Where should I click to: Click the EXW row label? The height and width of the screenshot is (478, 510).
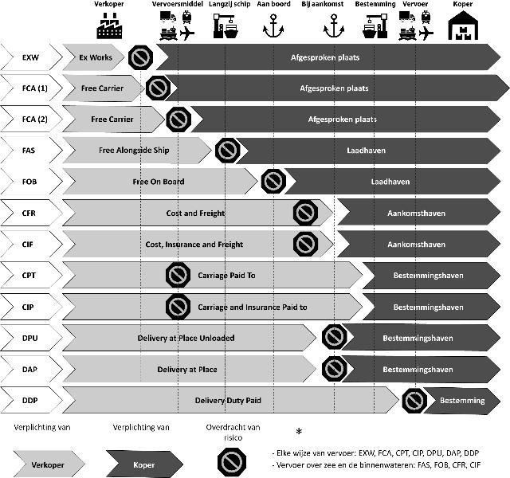point(30,57)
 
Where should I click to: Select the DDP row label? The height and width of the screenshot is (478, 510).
point(30,400)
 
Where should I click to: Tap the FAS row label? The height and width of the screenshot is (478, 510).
point(30,150)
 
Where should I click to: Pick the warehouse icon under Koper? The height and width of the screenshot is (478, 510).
point(461,29)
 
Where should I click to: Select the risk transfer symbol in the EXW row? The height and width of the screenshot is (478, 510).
point(141,57)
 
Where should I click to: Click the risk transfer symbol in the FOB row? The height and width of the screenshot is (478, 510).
point(273,182)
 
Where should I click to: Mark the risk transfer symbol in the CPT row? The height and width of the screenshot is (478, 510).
point(177,276)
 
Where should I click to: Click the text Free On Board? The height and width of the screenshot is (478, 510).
point(158,182)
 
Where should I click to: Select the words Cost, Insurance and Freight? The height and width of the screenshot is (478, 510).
point(194,245)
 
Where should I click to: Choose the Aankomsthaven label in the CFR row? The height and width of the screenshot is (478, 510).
point(417,214)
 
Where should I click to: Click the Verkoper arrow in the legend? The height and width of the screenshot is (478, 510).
point(53,464)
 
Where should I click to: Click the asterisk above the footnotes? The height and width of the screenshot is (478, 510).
point(299,432)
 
